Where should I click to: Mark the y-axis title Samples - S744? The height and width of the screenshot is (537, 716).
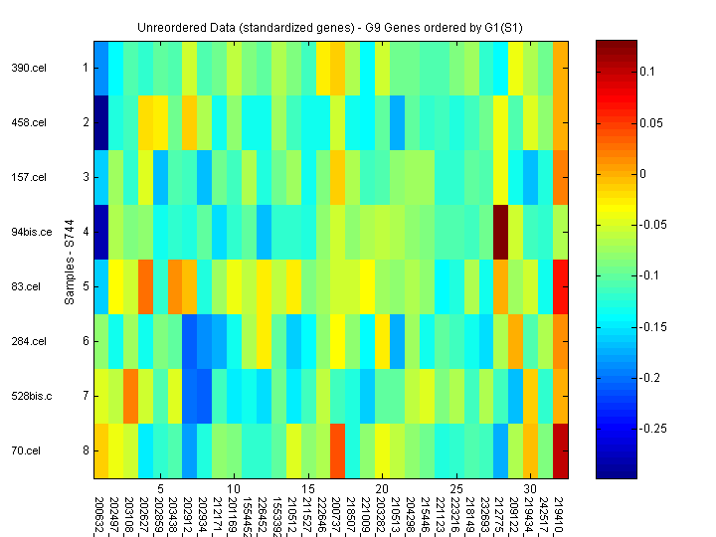(70, 260)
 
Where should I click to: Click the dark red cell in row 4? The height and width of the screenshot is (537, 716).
(500, 232)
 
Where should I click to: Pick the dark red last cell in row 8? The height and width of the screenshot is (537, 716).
(561, 450)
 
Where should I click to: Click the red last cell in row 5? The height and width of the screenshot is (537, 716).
(561, 286)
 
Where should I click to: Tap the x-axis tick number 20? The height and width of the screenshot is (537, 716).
(381, 489)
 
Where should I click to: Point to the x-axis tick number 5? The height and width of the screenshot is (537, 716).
(160, 489)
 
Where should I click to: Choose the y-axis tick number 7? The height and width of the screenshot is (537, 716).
(86, 396)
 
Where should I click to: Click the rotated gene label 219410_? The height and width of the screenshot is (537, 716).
(561, 513)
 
